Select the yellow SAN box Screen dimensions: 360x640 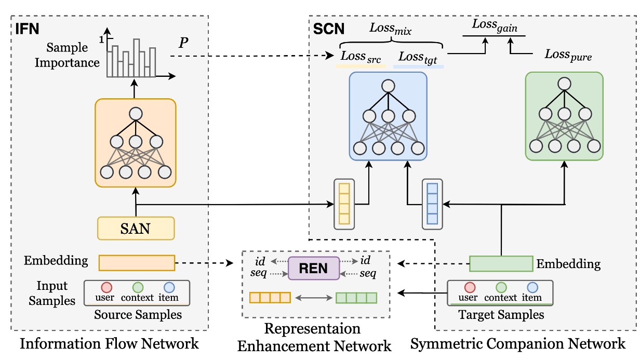(136, 228)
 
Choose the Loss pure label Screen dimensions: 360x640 (568, 55)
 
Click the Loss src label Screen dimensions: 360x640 (361, 57)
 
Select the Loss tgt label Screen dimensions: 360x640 (418, 57)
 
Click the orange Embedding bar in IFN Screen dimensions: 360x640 (137, 262)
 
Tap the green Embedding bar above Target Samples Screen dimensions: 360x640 (501, 263)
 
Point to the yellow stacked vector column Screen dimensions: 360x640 (344, 202)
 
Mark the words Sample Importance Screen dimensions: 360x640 (73, 55)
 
